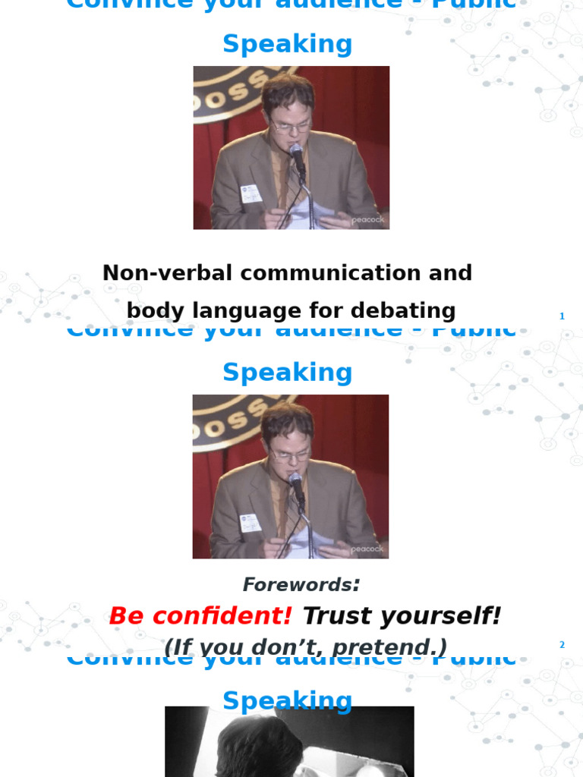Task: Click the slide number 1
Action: pos(562,316)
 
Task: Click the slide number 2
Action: pos(562,645)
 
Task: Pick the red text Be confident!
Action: pos(200,616)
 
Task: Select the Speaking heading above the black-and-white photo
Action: pos(288,700)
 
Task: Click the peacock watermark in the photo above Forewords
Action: pos(367,549)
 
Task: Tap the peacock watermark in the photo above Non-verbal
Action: pos(368,220)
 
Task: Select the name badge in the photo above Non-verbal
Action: pos(251,194)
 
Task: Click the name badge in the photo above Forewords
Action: pos(250,523)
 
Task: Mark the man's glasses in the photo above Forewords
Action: pos(290,455)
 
